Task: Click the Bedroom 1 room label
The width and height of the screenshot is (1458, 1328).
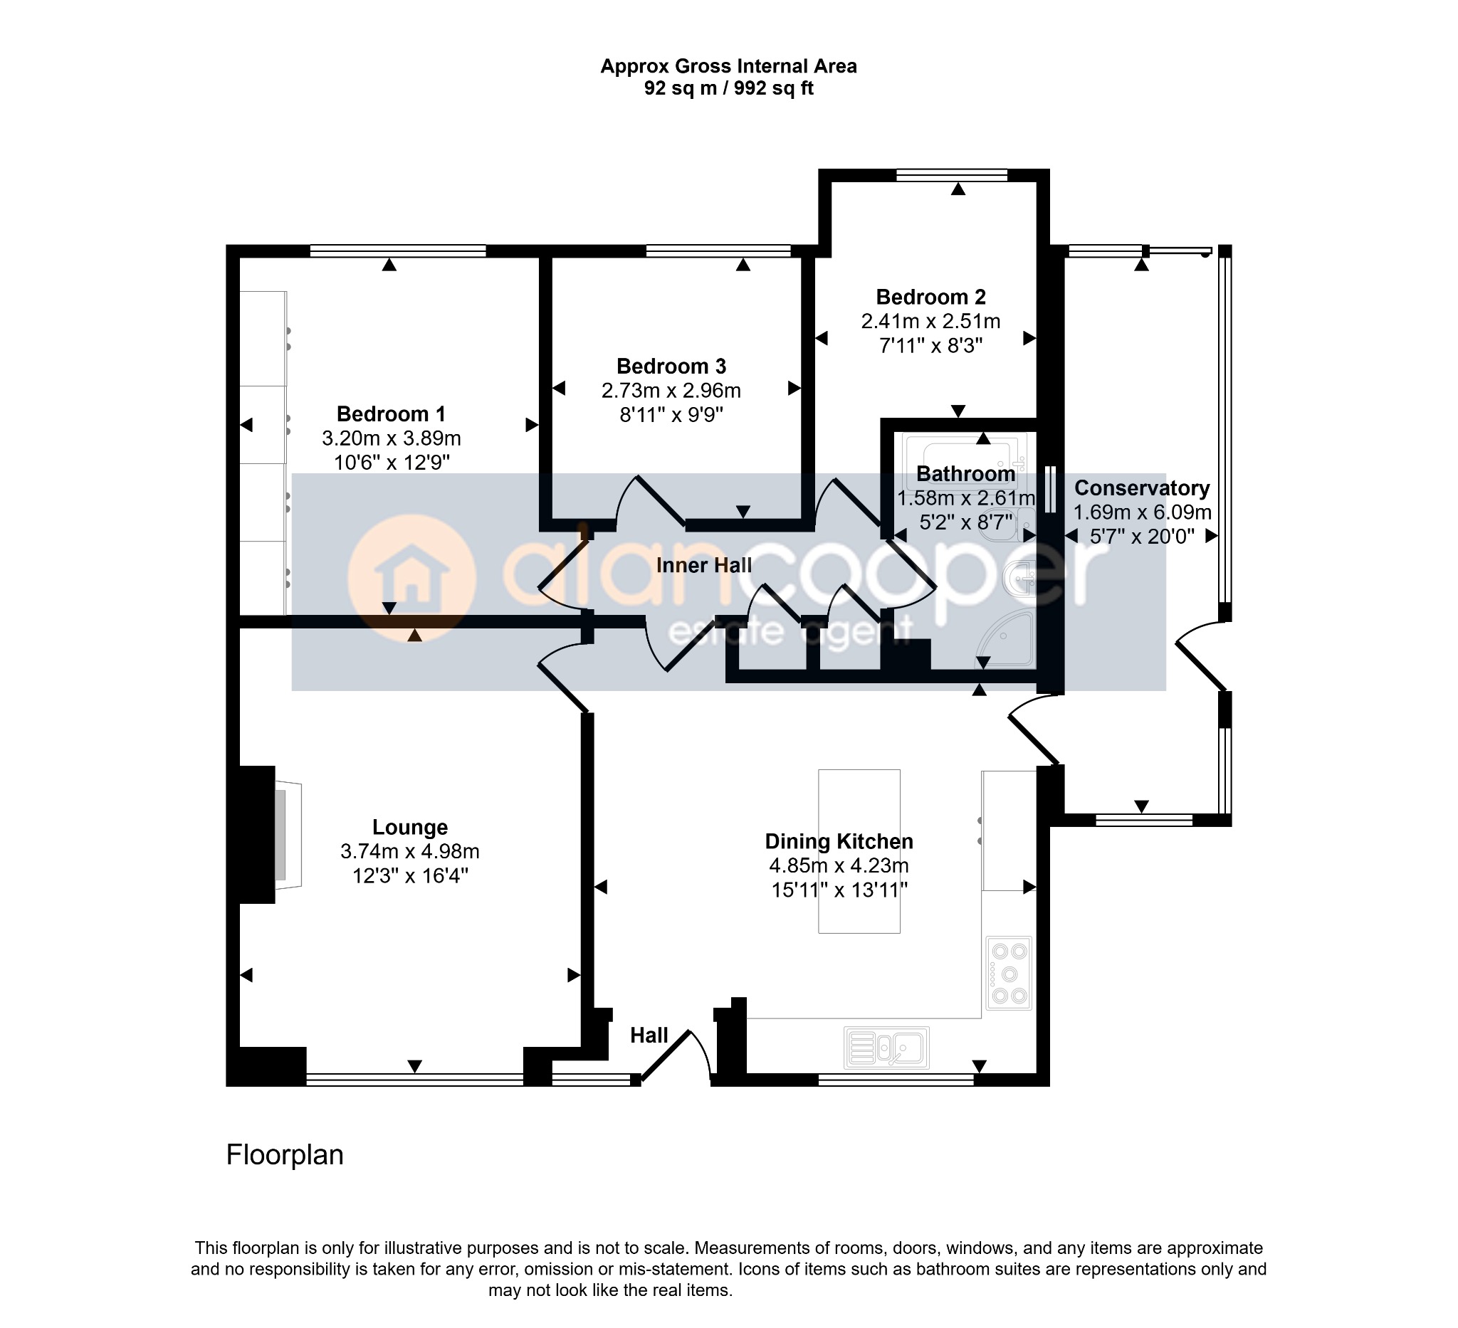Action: tap(391, 414)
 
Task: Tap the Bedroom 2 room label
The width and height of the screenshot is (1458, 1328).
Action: tap(930, 297)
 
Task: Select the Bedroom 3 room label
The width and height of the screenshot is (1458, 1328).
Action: tap(671, 367)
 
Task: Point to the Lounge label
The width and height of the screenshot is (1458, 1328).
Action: tap(410, 827)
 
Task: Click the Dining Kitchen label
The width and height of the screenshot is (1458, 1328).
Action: tap(839, 841)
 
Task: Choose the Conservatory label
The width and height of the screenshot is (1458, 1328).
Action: tap(1142, 489)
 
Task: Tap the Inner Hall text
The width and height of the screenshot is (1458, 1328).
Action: tap(703, 565)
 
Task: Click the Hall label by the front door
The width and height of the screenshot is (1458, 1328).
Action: tap(649, 1036)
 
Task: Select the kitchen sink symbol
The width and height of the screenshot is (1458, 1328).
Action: tap(886, 1047)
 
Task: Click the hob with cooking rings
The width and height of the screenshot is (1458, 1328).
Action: tap(1009, 973)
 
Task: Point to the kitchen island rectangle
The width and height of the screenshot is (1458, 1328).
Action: tap(859, 851)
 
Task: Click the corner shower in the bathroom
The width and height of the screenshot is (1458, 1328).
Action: tap(1005, 641)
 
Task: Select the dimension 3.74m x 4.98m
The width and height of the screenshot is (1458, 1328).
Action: tap(410, 852)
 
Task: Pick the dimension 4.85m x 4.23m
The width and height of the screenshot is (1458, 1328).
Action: tap(839, 865)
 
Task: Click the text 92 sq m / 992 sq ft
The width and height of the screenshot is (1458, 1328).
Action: tap(729, 88)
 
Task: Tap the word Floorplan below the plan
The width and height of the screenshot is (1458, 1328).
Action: tap(285, 1155)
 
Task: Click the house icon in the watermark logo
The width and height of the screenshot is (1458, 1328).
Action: tap(412, 579)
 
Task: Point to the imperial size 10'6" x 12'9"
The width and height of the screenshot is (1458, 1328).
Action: tap(392, 463)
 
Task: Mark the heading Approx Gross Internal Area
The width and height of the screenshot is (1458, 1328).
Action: tap(729, 66)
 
